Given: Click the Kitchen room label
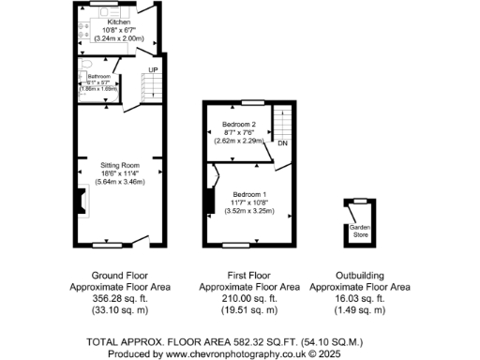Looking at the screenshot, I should pyautogui.click(x=119, y=21).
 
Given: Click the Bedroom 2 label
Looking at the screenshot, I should pyautogui.click(x=239, y=125).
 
